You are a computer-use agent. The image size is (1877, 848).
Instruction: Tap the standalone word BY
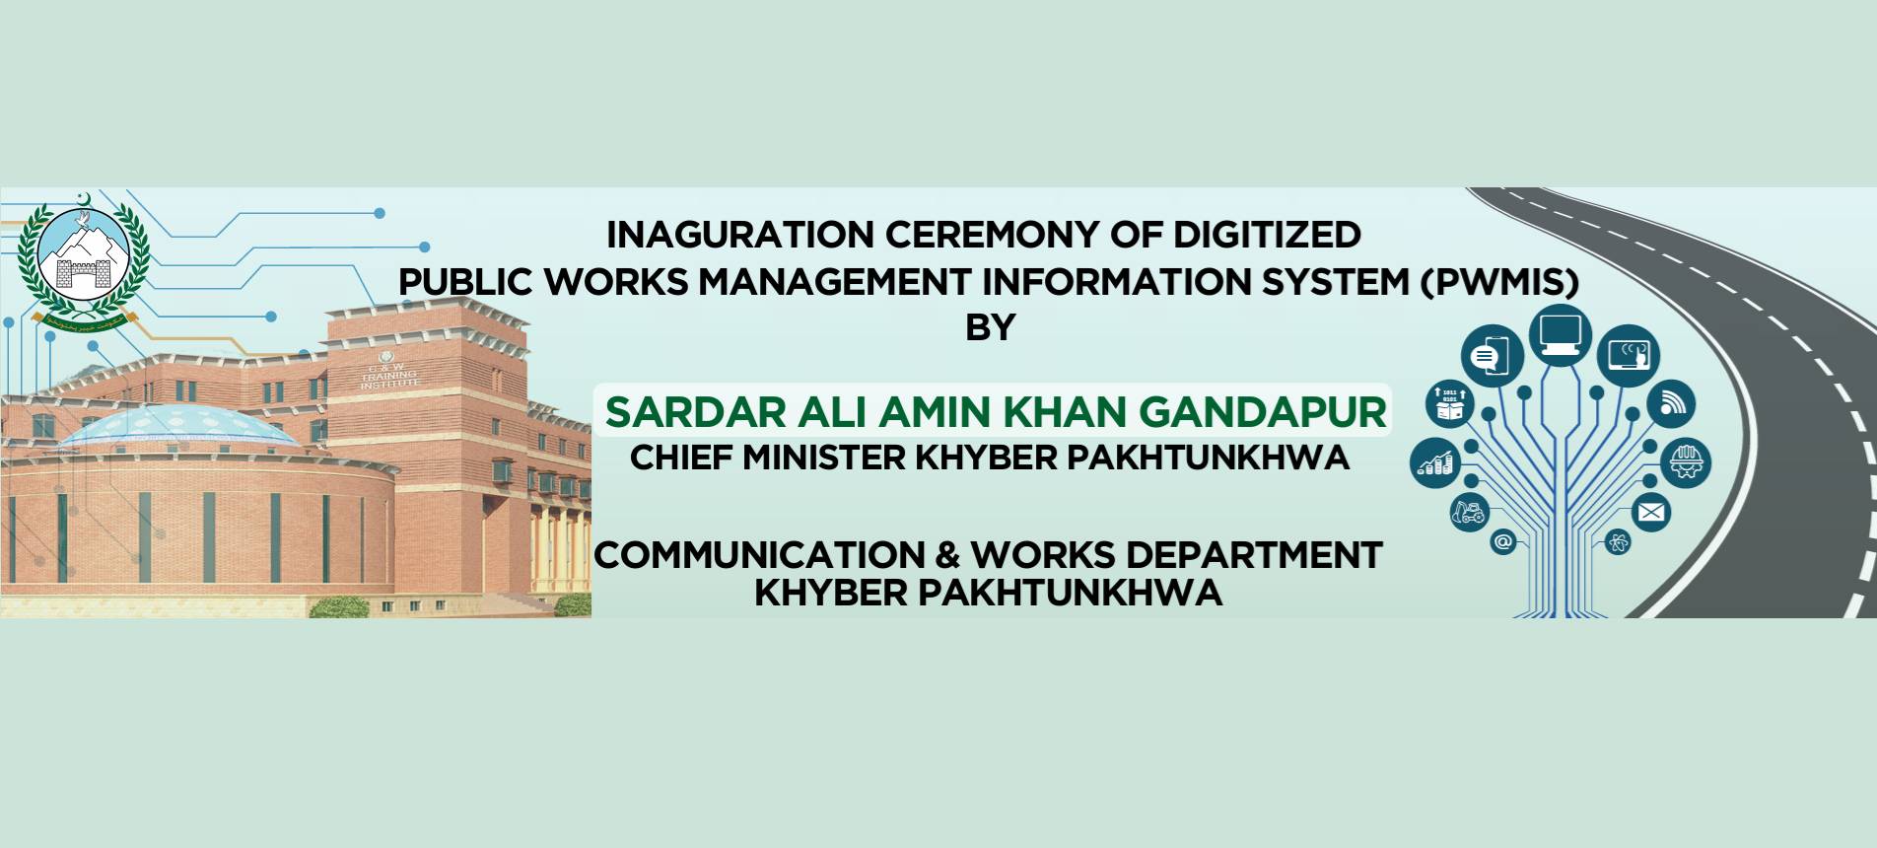click(990, 327)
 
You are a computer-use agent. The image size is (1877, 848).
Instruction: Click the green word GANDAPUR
click(1263, 412)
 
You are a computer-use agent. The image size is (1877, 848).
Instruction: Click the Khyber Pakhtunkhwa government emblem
click(84, 258)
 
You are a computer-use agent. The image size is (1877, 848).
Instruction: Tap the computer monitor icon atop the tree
click(1561, 333)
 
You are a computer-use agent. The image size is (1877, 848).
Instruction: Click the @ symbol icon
click(1502, 541)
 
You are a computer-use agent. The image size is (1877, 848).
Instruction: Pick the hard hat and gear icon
click(1686, 462)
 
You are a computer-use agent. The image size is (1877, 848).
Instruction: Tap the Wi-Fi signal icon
click(1671, 403)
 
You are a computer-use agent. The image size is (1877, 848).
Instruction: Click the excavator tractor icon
click(1469, 512)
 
